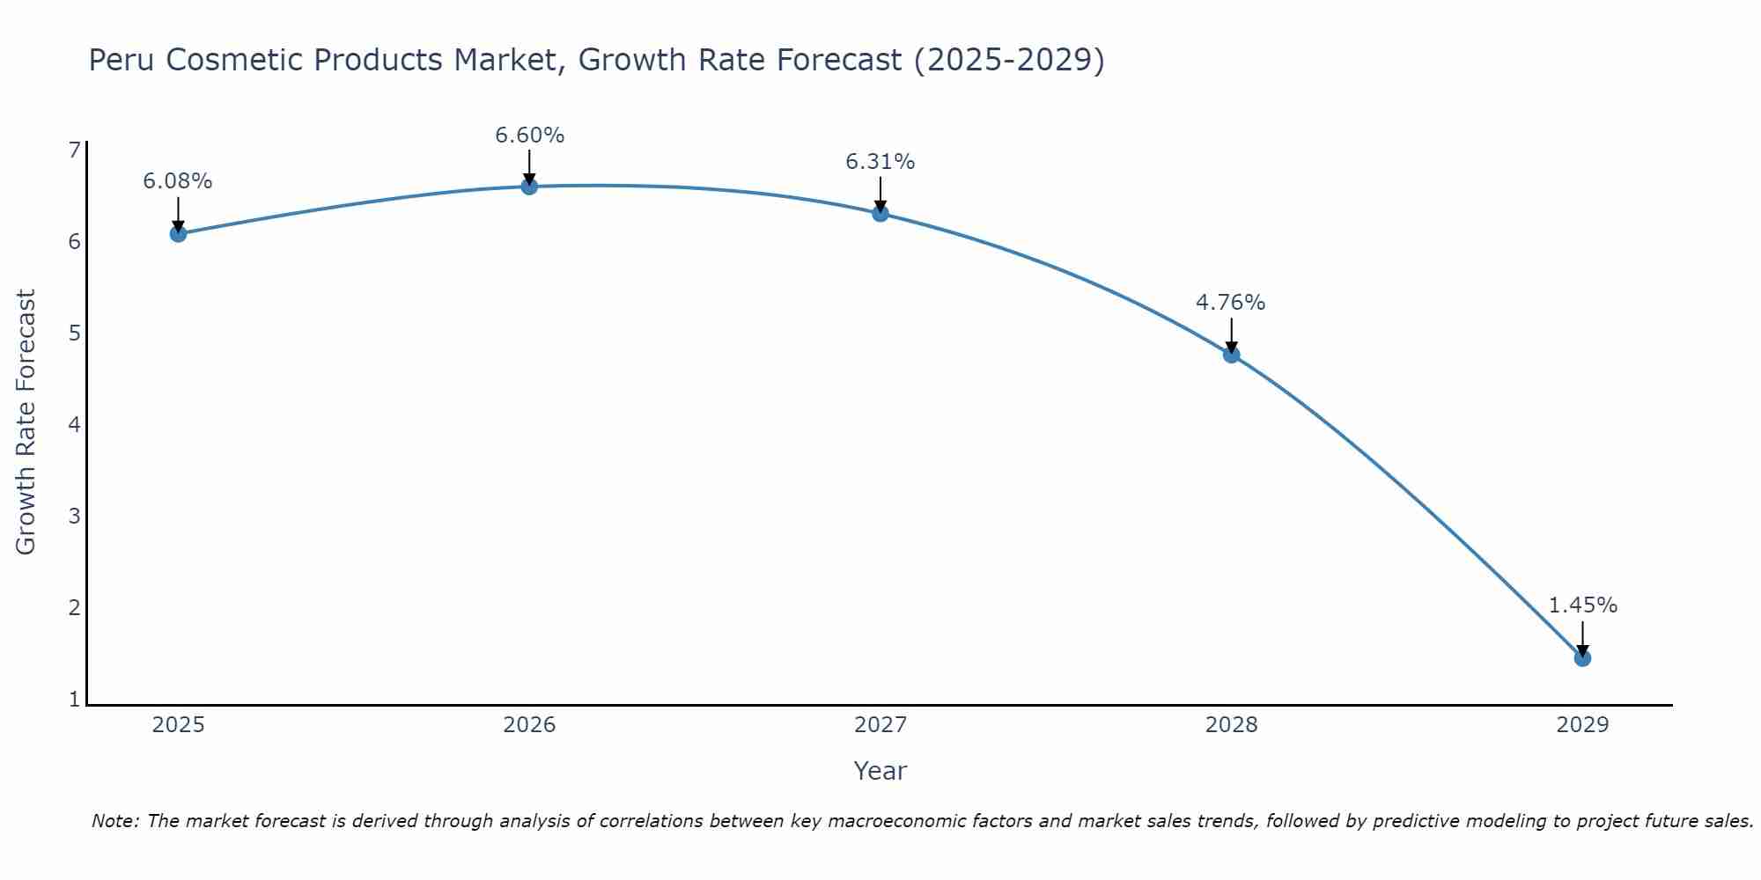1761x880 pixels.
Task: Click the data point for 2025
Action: [178, 233]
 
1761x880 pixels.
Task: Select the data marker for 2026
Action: [529, 186]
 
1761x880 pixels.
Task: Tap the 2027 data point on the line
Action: [880, 213]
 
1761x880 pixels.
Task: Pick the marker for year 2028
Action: [1231, 355]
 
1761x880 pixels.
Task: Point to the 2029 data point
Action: [1582, 658]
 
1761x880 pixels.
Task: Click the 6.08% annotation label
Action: [178, 181]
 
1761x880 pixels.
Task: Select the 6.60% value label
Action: [529, 136]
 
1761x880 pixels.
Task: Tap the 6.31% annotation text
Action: [880, 162]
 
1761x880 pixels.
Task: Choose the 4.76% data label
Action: [1231, 303]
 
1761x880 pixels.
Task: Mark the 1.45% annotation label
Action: [1582, 605]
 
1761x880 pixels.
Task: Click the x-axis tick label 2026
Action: [529, 725]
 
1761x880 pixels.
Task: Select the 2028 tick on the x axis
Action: [1231, 725]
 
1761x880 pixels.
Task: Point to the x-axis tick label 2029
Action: [1582, 725]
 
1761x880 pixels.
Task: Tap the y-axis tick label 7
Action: [74, 150]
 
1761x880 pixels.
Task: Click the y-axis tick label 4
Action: [74, 425]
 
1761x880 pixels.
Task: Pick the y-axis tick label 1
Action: [74, 700]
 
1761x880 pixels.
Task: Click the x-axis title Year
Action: [880, 771]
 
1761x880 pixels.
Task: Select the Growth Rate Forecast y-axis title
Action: [26, 422]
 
